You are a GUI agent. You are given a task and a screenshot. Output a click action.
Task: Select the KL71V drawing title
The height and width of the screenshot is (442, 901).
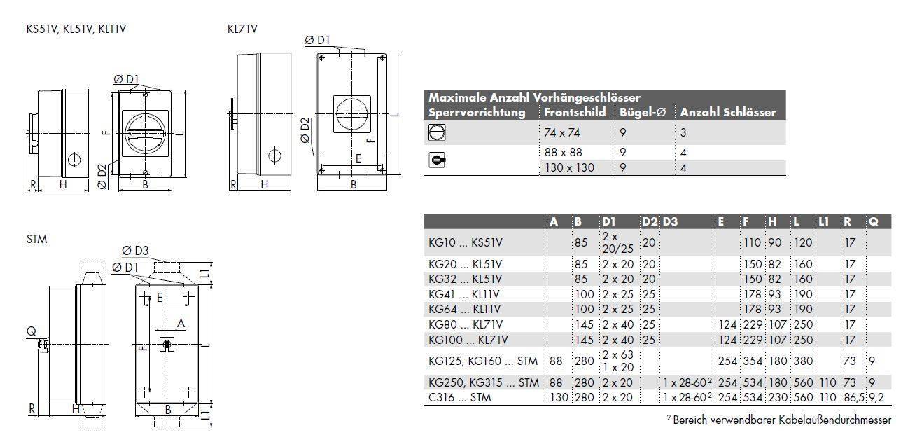pyautogui.click(x=242, y=29)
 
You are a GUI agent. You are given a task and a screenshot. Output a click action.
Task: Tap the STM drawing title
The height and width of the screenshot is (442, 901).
pyautogui.click(x=36, y=239)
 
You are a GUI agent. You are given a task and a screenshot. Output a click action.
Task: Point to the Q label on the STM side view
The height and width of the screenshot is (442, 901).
pyautogui.click(x=31, y=331)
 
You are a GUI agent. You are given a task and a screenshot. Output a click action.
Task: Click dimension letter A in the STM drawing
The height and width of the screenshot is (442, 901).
pyautogui.click(x=181, y=323)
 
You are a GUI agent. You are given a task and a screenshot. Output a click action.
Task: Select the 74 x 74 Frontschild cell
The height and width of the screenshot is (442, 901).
pyautogui.click(x=562, y=132)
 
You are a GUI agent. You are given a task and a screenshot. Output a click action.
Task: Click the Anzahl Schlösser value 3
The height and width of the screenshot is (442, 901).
pyautogui.click(x=683, y=132)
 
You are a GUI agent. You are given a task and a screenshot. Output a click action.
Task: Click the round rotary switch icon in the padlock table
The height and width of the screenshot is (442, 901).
pyautogui.click(x=436, y=132)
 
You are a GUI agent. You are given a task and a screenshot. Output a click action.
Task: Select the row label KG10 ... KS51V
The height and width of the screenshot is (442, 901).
pyautogui.click(x=466, y=242)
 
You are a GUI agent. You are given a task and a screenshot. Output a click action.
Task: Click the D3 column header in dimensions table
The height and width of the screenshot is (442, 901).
pyautogui.click(x=670, y=221)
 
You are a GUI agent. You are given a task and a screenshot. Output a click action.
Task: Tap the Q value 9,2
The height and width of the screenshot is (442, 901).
pyautogui.click(x=876, y=397)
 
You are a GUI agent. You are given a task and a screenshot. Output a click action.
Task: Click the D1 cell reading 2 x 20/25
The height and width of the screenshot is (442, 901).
pyautogui.click(x=618, y=242)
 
